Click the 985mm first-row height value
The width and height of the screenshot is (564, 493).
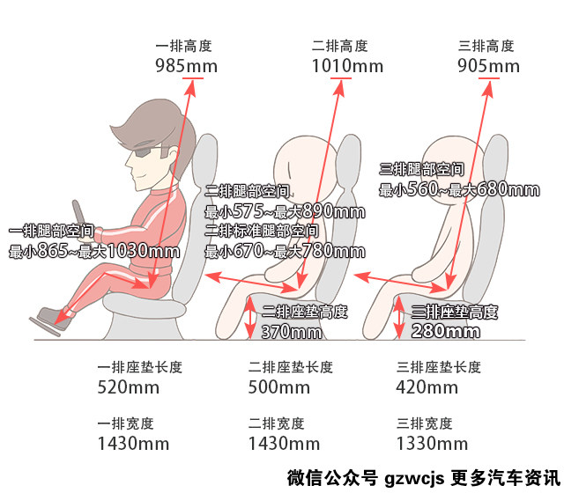click(186, 66)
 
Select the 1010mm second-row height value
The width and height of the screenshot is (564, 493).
click(347, 66)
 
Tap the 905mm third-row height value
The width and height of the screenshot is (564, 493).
click(488, 66)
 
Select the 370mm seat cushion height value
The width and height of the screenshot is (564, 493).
click(292, 332)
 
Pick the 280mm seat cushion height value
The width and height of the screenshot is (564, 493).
click(445, 331)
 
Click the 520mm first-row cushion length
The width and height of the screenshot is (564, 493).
click(129, 387)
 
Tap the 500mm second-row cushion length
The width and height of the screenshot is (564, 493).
click(278, 387)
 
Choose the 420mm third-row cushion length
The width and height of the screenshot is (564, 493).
click(427, 387)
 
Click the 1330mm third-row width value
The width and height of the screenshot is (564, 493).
click(432, 444)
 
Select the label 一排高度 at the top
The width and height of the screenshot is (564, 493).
click(183, 46)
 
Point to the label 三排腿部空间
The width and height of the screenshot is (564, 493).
click(421, 169)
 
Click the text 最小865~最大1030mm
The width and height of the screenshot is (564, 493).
click(94, 251)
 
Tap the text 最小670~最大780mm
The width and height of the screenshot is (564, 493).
click(285, 251)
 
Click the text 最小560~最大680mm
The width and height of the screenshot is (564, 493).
click(459, 189)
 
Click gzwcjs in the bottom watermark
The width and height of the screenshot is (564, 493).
click(414, 478)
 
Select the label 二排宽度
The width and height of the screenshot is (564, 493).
click(276, 423)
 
